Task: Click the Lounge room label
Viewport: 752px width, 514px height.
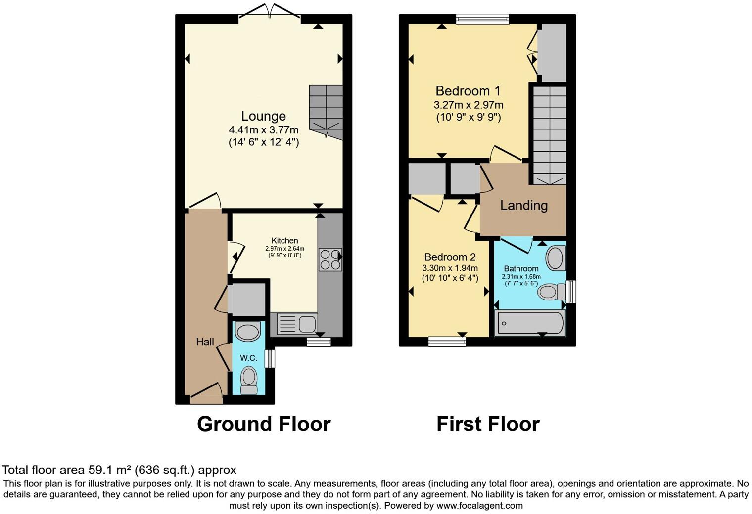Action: click(x=263, y=116)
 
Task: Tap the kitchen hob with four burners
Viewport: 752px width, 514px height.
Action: click(x=330, y=259)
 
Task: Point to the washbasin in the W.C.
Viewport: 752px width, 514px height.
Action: click(x=248, y=331)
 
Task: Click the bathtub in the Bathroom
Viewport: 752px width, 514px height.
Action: click(x=529, y=324)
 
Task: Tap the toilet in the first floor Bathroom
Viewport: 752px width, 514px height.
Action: click(x=552, y=292)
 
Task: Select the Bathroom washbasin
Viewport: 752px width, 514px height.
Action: click(x=555, y=258)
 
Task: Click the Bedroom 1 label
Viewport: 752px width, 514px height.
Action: click(x=468, y=91)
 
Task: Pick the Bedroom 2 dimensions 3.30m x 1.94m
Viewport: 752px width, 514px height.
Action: click(x=450, y=268)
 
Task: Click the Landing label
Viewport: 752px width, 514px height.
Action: click(x=523, y=205)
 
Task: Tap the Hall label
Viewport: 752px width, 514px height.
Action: click(x=205, y=342)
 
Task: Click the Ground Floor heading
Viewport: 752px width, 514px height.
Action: click(x=263, y=424)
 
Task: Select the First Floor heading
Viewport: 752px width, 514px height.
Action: click(x=488, y=424)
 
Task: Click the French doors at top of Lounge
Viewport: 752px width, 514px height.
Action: click(x=270, y=13)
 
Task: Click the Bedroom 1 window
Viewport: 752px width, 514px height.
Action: click(x=482, y=19)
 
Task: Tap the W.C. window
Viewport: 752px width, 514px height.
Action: click(x=270, y=359)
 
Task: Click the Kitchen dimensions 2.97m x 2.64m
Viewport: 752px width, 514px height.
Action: click(x=284, y=249)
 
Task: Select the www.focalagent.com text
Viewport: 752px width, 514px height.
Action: click(x=479, y=506)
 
